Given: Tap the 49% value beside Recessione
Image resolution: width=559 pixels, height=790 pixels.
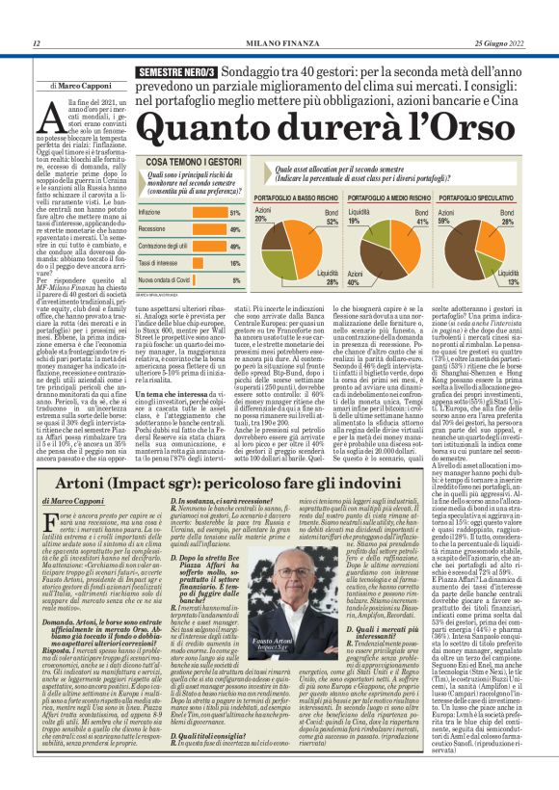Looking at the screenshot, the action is click(x=234, y=229).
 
